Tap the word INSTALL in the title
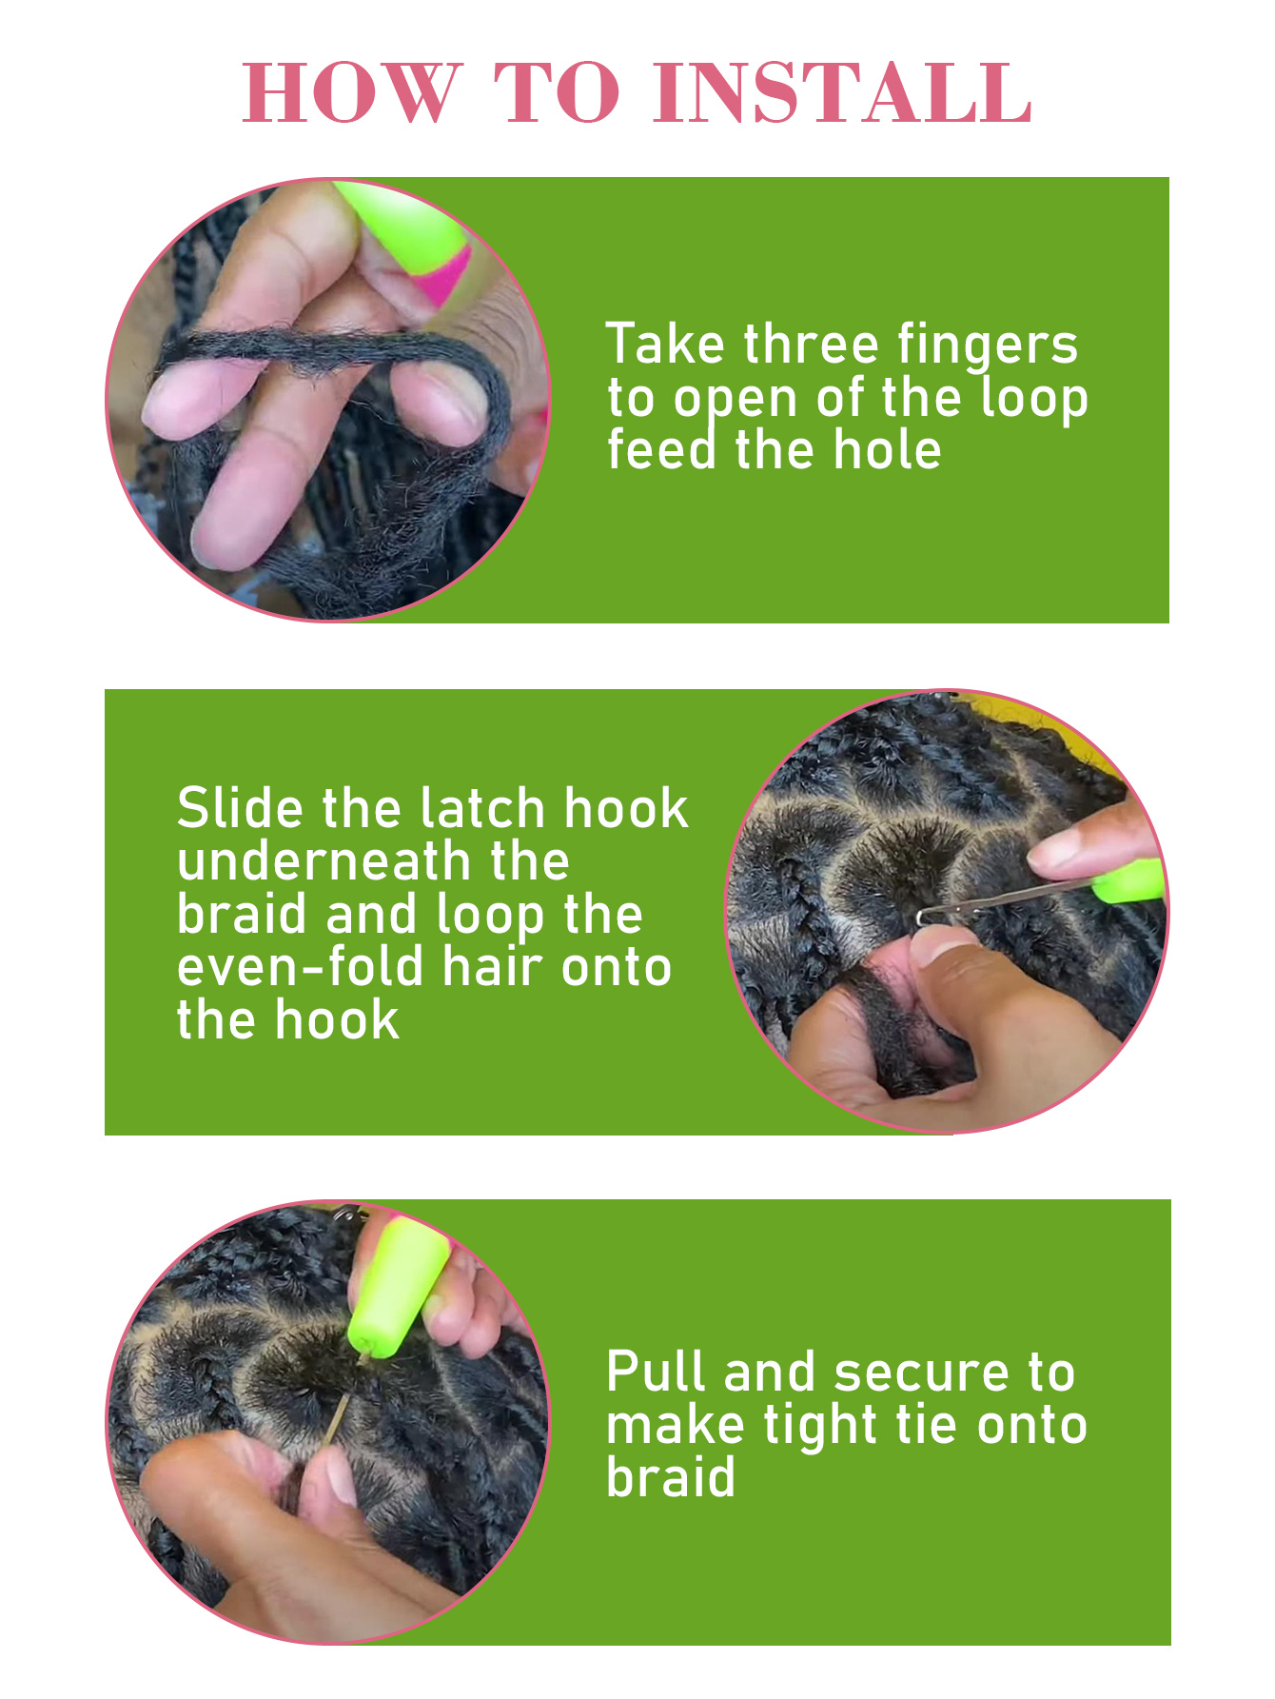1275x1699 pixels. coord(842,92)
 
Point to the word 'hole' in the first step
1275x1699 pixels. coord(887,449)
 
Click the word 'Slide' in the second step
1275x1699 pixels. coord(241,808)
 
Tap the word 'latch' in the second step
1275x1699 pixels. coord(484,808)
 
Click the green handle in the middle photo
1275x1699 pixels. coord(1129,879)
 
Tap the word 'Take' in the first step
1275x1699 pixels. coord(667,344)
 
